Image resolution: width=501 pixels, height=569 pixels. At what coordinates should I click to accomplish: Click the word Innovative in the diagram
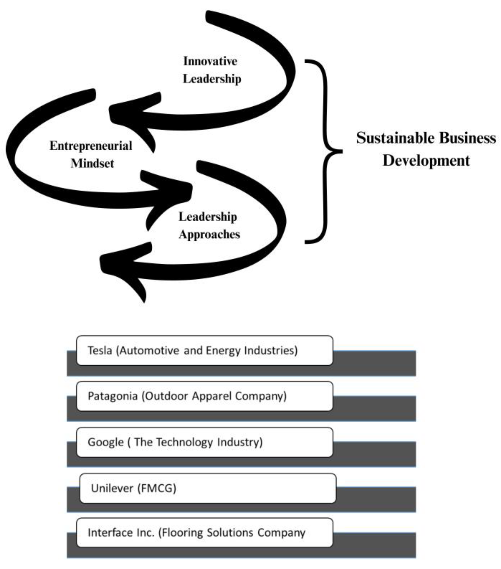[x=210, y=61]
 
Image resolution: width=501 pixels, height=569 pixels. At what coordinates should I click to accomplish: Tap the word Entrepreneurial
[x=91, y=146]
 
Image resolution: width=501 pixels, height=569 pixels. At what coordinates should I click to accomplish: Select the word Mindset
[x=92, y=163]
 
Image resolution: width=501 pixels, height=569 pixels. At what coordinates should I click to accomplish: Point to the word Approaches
[x=209, y=234]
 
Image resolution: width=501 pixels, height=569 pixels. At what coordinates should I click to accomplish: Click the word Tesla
[x=100, y=350]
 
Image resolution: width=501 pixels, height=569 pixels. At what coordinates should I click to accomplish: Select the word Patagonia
[x=113, y=396]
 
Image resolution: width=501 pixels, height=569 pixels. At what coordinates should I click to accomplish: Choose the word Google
[x=106, y=442]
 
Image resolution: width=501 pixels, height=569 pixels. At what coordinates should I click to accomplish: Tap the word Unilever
[x=112, y=488]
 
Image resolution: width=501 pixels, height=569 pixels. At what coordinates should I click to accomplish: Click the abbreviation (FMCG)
[x=157, y=488]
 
